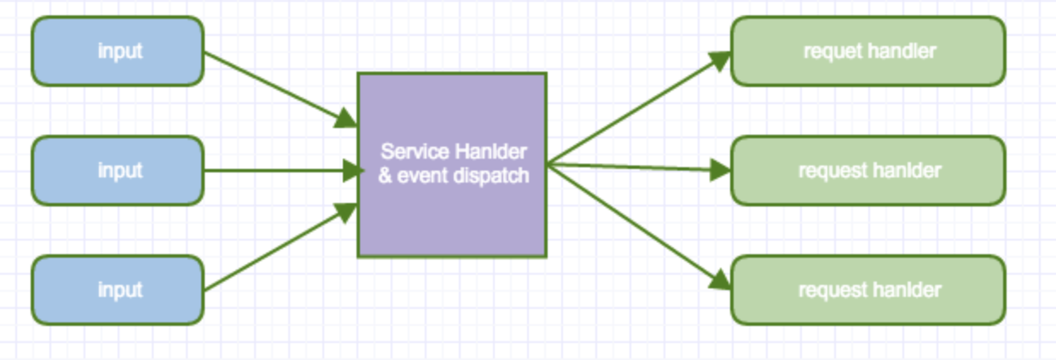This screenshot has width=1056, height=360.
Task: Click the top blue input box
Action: (x=118, y=51)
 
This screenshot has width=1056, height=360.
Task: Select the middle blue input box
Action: (x=118, y=171)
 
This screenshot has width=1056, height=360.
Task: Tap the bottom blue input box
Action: (x=118, y=290)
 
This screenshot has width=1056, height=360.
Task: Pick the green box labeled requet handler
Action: (x=867, y=51)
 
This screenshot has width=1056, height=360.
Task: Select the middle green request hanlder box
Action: (x=867, y=171)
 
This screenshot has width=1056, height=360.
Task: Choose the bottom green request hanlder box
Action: (x=867, y=290)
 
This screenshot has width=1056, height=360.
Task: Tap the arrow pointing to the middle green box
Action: (x=635, y=166)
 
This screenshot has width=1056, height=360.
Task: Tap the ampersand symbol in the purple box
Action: (x=383, y=177)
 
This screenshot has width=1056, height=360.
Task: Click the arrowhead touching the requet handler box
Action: (x=722, y=60)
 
